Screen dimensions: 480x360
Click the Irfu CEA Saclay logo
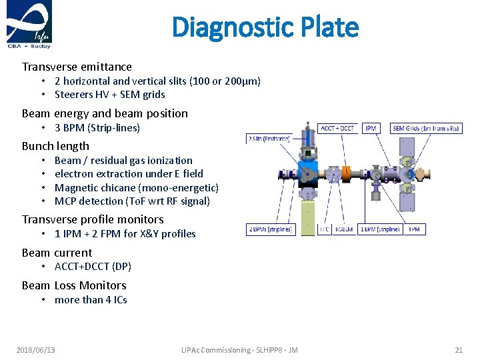click(28, 25)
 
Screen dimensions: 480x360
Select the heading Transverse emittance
click(77, 67)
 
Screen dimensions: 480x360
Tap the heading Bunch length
click(55, 146)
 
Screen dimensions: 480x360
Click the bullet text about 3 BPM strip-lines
click(97, 127)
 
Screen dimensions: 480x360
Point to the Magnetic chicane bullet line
click(136, 187)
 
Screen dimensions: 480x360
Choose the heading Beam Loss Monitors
click(74, 285)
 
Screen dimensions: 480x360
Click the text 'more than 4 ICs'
click(91, 299)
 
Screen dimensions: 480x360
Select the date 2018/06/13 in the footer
click(36, 350)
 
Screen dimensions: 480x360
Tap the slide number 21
click(458, 350)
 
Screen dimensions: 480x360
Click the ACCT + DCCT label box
click(339, 128)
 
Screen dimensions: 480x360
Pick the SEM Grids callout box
click(426, 128)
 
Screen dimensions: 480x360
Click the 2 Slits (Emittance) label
click(269, 139)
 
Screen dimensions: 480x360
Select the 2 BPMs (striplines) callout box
click(270, 229)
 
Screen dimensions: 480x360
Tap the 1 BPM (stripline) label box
click(380, 229)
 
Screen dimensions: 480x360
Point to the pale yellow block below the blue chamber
click(308, 218)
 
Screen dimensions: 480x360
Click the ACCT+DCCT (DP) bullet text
click(93, 266)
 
